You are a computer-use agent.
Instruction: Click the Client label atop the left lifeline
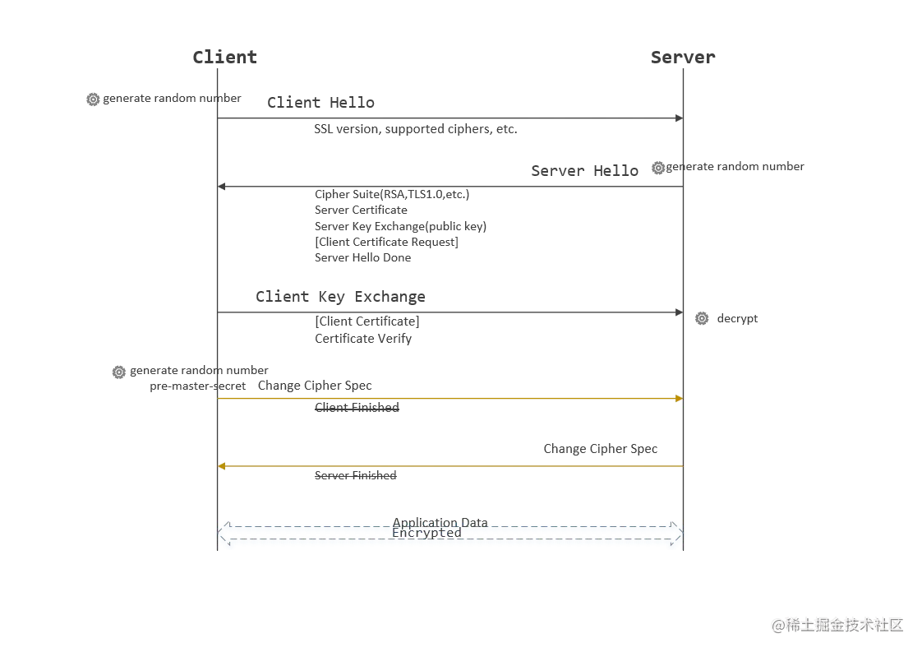223,56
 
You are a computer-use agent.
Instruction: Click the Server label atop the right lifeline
682,57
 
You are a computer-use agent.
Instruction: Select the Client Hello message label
319,103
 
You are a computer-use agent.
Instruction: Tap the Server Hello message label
584,170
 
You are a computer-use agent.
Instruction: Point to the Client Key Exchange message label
341,296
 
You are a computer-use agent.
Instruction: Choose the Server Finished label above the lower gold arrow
597,447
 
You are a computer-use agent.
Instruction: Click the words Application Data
440,523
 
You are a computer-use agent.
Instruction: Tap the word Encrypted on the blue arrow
426,533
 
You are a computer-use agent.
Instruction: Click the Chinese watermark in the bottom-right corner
838,623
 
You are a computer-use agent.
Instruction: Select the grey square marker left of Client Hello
93,101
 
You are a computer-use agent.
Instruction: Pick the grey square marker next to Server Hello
658,168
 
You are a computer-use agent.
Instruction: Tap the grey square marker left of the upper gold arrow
119,372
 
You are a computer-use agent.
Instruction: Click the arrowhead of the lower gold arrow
222,466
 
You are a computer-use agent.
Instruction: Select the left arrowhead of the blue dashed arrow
220,534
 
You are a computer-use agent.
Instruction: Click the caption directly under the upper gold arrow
355,408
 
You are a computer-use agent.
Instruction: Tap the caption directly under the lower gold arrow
355,474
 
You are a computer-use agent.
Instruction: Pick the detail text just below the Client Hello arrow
413,131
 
